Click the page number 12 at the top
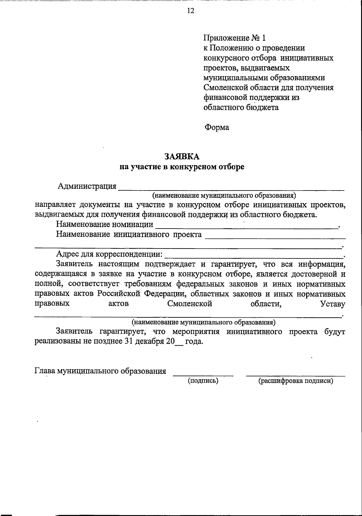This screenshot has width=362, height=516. pyautogui.click(x=191, y=11)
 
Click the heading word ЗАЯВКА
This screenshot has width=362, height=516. pyautogui.click(x=182, y=156)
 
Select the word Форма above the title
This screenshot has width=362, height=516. pyautogui.click(x=217, y=127)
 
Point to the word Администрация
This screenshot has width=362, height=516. pyautogui.click(x=87, y=186)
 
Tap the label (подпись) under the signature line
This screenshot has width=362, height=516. pyautogui.click(x=203, y=381)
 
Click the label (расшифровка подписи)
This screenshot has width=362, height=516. pyautogui.click(x=296, y=381)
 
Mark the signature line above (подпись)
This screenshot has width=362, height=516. pyautogui.click(x=203, y=375)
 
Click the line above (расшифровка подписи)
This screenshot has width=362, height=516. pyautogui.click(x=296, y=375)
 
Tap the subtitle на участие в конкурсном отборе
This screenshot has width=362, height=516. pyautogui.click(x=182, y=167)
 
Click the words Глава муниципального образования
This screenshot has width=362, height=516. pyautogui.click(x=100, y=371)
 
